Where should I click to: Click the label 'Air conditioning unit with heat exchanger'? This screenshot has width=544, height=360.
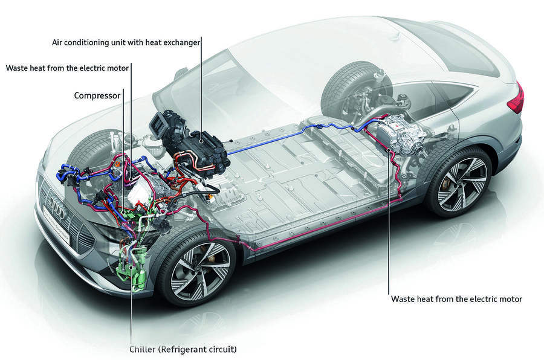point(126,41)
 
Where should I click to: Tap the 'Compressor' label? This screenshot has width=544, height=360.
point(97,95)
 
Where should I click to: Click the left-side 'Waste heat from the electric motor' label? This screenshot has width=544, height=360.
point(67,68)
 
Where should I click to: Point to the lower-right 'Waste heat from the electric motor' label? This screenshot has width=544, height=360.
point(456,298)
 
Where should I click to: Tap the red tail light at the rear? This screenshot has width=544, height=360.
point(516,98)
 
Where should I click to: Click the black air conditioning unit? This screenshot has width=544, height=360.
point(193,145)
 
